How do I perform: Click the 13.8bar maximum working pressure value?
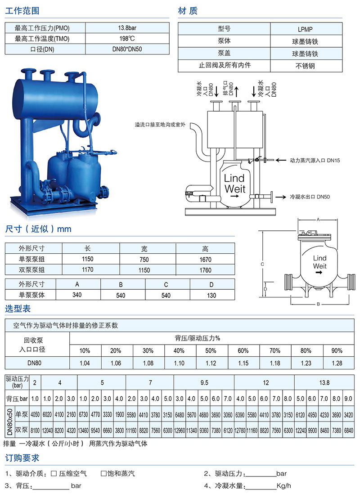tap(127, 28)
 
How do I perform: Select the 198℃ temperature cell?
tap(127, 38)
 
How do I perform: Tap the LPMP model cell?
tap(306, 29)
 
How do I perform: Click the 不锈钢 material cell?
tap(306, 66)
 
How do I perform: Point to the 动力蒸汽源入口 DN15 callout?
tap(315, 161)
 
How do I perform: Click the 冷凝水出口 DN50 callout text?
tap(310, 197)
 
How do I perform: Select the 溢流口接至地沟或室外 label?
tap(160, 125)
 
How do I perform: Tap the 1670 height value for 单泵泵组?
tap(205, 260)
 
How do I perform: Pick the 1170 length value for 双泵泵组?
tap(88, 269)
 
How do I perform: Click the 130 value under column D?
tap(211, 296)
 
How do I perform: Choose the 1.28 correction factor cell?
tap(337, 363)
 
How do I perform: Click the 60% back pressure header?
tap(243, 350)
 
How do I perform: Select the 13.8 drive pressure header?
tap(324, 383)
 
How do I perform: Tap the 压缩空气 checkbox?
tap(54, 474)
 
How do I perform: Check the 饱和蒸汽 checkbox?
tap(103, 474)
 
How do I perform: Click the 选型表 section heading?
tap(18, 309)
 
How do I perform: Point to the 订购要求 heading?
tap(22, 458)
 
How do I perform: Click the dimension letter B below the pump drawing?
tap(318, 304)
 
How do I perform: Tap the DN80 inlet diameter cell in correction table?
tap(34, 363)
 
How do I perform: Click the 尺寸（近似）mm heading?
tap(38, 229)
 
